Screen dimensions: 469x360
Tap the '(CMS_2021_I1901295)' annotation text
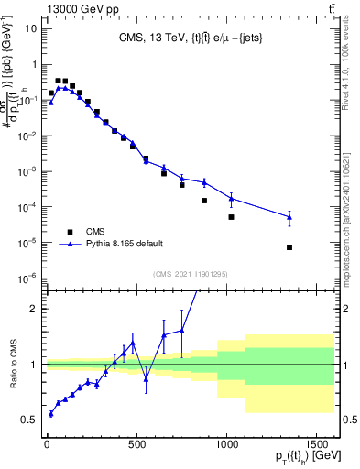point(191,274)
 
